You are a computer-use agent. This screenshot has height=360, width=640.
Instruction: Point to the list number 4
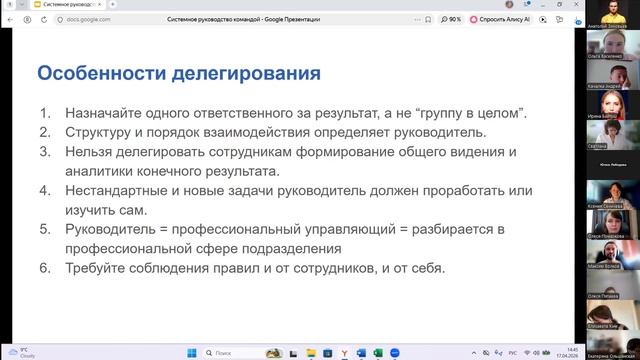[x=46, y=190]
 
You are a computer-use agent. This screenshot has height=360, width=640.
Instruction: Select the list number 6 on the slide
[x=46, y=268]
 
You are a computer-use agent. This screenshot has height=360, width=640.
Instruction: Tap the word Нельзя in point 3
[x=89, y=151]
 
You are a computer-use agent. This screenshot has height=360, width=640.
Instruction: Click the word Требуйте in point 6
[x=98, y=268]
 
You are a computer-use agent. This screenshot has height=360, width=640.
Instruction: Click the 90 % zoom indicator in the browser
[x=454, y=18]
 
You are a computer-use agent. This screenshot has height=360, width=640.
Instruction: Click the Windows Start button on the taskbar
[x=191, y=352]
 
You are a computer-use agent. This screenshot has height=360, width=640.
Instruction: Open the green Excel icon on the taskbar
[x=361, y=352]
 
